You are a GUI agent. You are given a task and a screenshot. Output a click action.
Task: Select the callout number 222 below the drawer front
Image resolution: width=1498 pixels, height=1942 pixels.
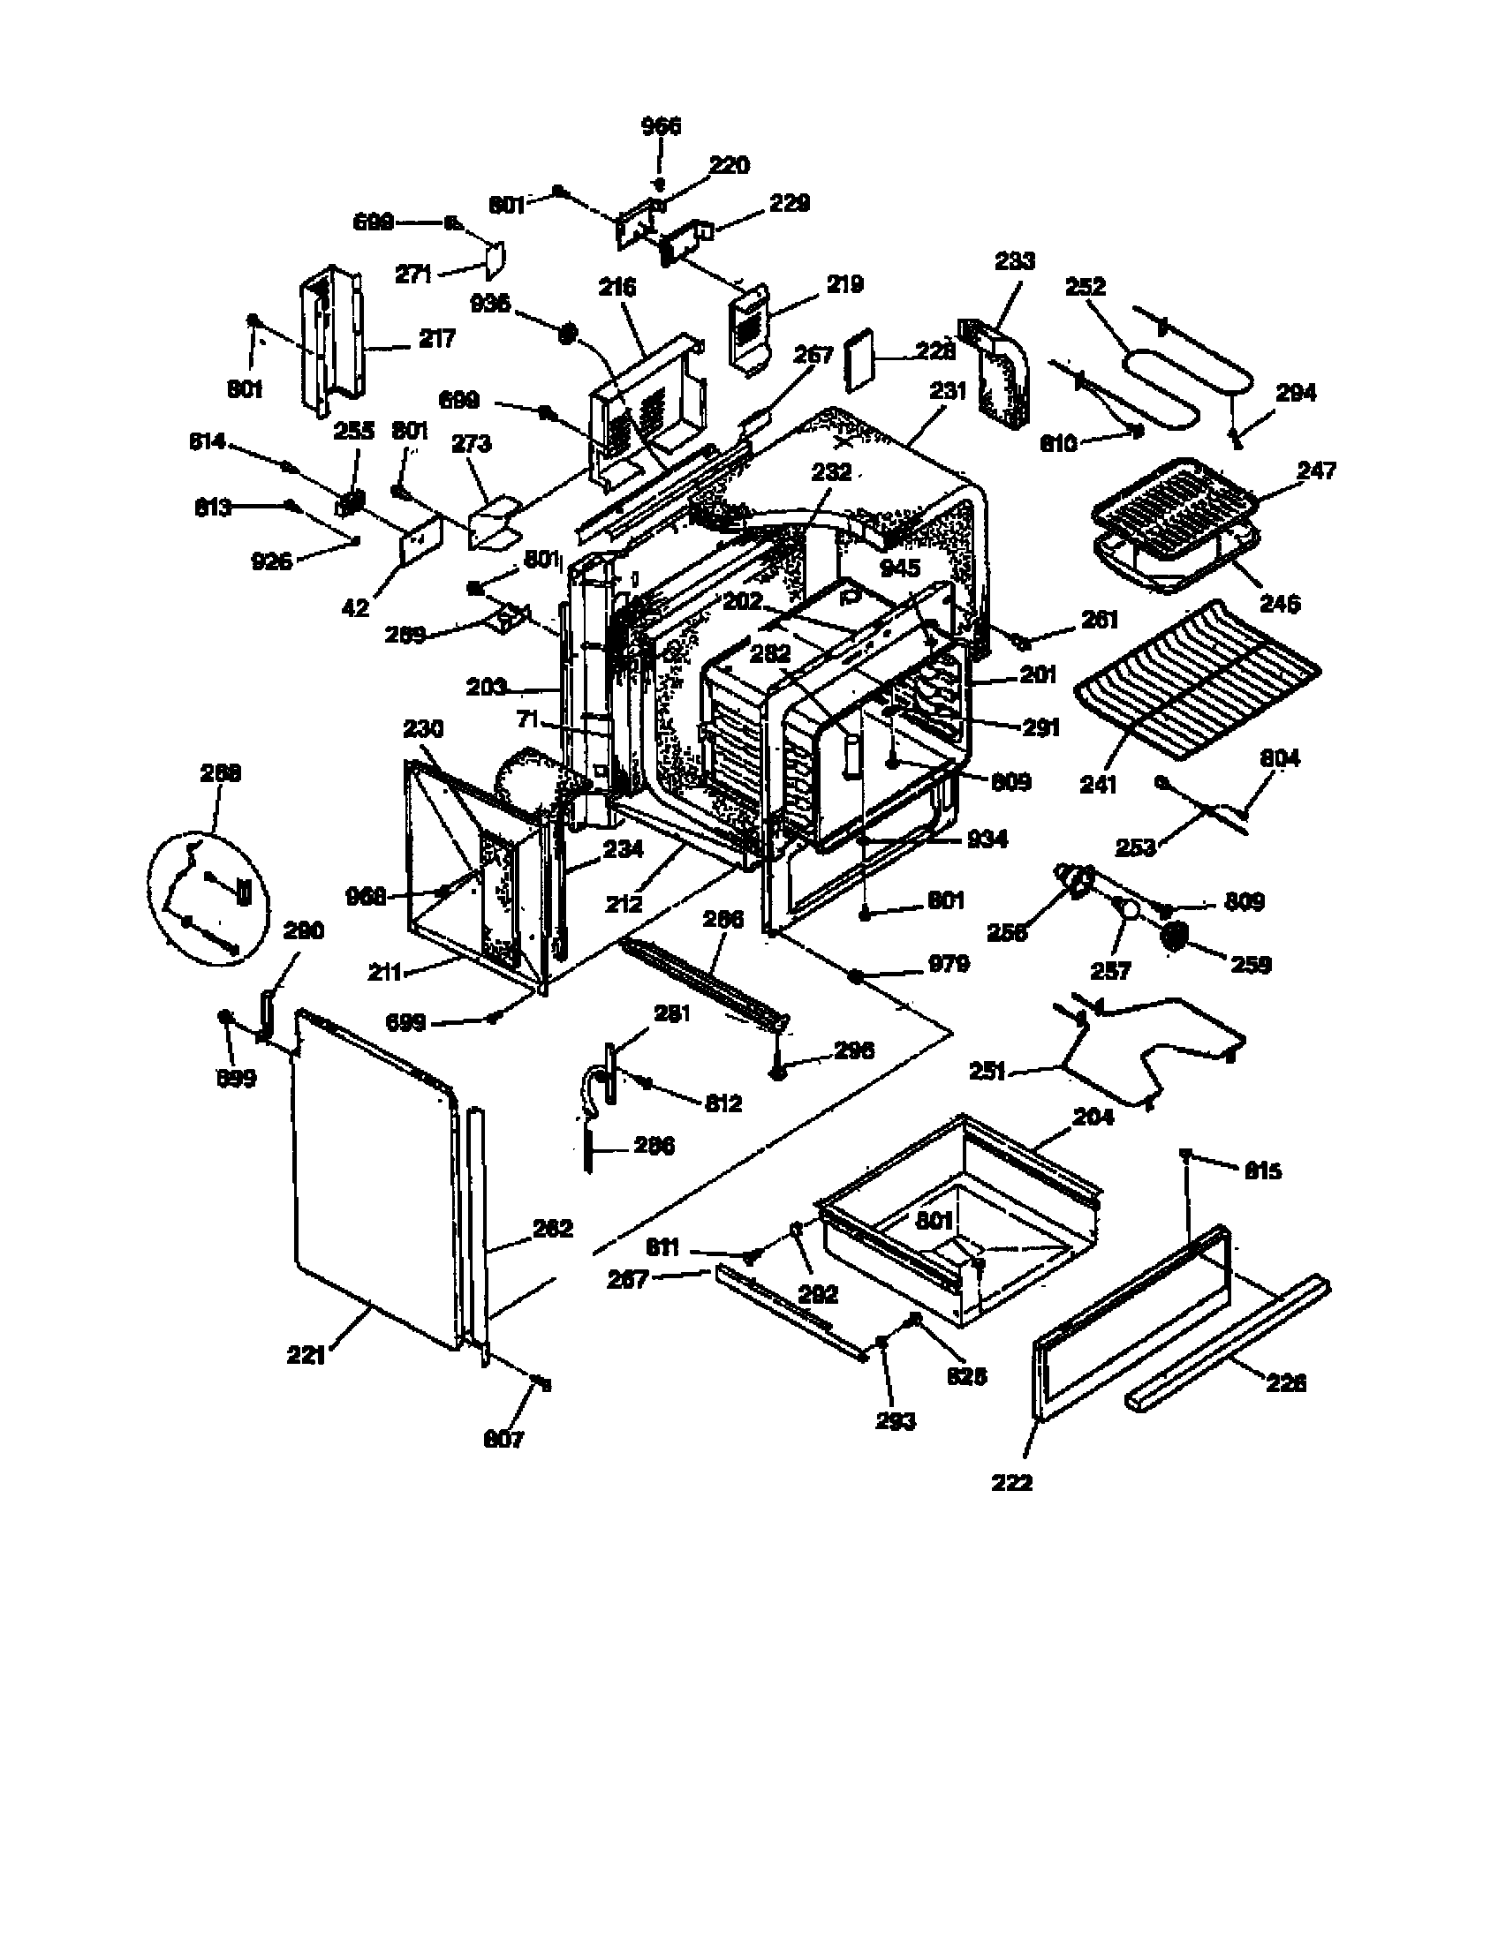(x=1012, y=1482)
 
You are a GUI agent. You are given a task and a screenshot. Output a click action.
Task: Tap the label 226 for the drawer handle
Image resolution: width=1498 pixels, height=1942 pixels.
(x=1286, y=1382)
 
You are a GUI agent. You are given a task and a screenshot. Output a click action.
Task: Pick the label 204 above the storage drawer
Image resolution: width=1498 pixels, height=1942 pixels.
(x=1093, y=1117)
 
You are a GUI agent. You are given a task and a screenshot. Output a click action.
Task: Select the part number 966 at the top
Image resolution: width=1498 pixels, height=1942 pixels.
(x=661, y=126)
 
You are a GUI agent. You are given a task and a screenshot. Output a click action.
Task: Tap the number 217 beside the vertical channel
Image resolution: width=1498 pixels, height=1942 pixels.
(x=435, y=338)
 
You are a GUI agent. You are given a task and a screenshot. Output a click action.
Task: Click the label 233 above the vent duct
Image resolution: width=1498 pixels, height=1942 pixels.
(x=1014, y=260)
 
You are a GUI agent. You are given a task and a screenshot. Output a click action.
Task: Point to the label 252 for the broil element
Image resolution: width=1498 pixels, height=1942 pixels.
(x=1086, y=286)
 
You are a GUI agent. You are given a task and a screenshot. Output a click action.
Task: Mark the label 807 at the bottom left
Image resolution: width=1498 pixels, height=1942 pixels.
(x=503, y=1438)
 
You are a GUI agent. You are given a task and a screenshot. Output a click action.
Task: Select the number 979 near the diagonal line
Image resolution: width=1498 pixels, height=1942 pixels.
(x=949, y=964)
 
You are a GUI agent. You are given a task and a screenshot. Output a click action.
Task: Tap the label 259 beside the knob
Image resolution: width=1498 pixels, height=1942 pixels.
(x=1250, y=964)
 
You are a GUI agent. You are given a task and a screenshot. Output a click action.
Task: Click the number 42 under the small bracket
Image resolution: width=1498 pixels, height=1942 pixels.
(x=355, y=608)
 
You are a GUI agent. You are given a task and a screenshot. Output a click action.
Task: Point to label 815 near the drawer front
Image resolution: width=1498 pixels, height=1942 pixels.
(x=1262, y=1170)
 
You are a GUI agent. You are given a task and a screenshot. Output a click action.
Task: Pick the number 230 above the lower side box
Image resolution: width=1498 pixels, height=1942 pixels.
(x=422, y=729)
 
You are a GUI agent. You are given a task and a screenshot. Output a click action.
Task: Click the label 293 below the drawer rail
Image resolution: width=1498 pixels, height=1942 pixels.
(x=895, y=1421)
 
